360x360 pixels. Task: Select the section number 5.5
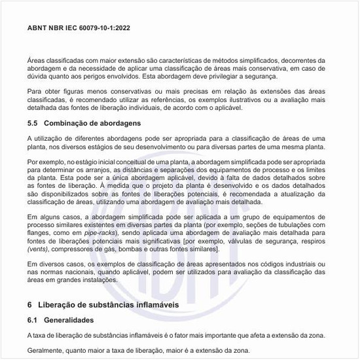34,123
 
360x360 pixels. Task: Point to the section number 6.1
34,320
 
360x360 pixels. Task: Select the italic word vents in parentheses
39,249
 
